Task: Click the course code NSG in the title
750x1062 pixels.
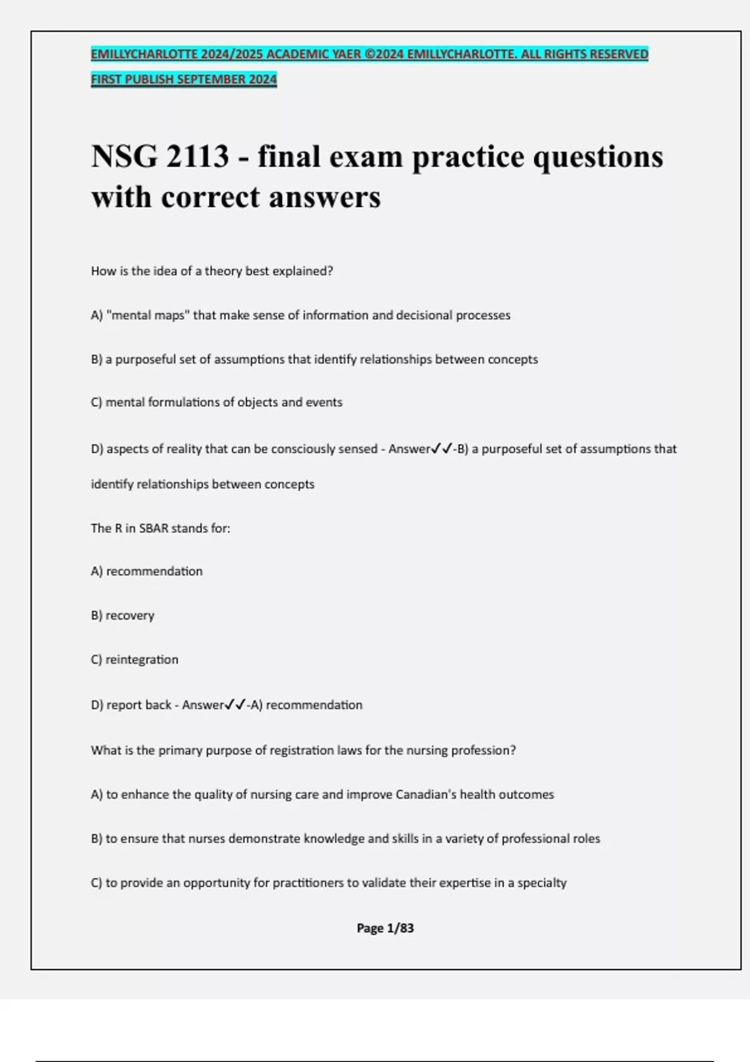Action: click(124, 156)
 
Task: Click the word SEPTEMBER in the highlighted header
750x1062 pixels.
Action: click(212, 79)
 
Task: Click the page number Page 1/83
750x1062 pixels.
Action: click(385, 928)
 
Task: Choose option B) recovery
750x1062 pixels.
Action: click(122, 615)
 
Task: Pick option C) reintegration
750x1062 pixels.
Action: click(134, 660)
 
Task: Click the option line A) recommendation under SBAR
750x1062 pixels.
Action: click(147, 572)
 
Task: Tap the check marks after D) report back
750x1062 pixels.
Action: click(235, 705)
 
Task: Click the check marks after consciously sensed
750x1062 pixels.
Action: click(442, 449)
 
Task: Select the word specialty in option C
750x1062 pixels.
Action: click(542, 883)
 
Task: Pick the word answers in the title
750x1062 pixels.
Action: click(324, 197)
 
